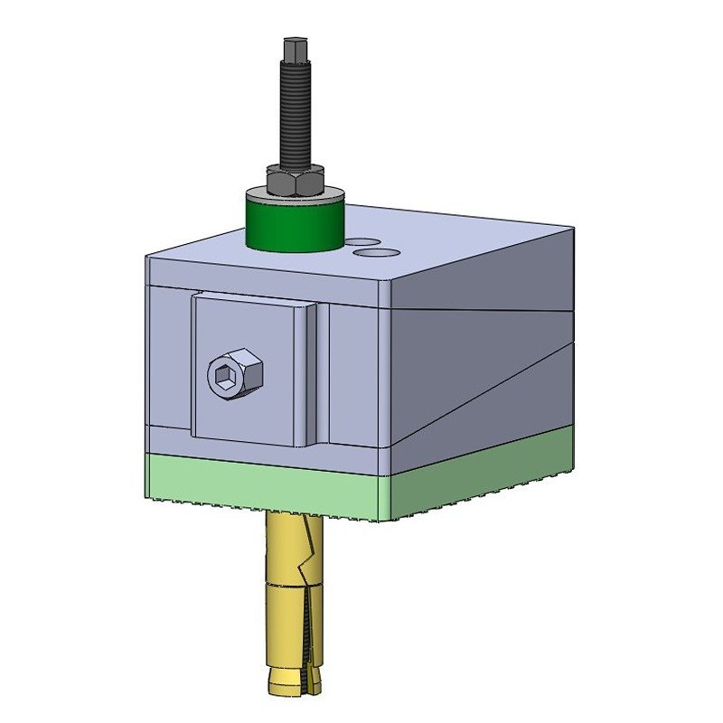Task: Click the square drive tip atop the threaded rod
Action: coord(294,48)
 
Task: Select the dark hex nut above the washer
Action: coord(295,183)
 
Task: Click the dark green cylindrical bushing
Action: coord(294,226)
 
